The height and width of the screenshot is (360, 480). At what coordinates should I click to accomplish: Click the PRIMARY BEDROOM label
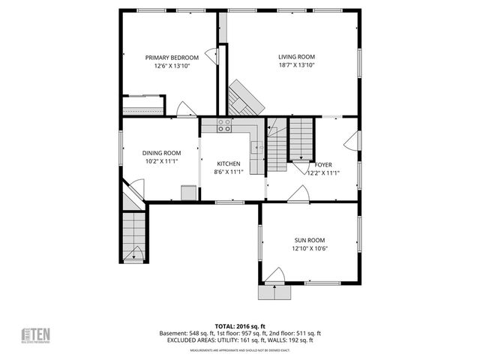pyautogui.click(x=172, y=58)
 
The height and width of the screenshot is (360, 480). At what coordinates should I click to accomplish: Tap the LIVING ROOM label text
pyautogui.click(x=296, y=57)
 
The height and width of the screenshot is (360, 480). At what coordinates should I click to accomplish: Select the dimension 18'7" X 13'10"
pyautogui.click(x=296, y=66)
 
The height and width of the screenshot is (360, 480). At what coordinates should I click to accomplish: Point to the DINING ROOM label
pyautogui.click(x=162, y=153)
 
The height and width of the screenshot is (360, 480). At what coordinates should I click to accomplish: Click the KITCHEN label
pyautogui.click(x=228, y=163)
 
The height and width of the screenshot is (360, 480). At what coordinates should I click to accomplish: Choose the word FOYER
pyautogui.click(x=323, y=164)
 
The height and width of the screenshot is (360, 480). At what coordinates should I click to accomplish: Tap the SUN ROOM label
pyautogui.click(x=310, y=240)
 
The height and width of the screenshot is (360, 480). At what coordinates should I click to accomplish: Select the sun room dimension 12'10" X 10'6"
pyautogui.click(x=310, y=248)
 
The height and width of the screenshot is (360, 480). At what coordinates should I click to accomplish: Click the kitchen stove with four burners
pyautogui.click(x=223, y=126)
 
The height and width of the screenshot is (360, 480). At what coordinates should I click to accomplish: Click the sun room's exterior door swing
pyautogui.click(x=276, y=276)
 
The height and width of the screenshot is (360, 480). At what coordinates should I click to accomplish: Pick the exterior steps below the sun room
pyautogui.click(x=274, y=292)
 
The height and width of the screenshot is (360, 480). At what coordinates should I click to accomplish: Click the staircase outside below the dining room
pyautogui.click(x=133, y=234)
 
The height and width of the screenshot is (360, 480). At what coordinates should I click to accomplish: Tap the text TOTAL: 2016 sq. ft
pyautogui.click(x=239, y=326)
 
